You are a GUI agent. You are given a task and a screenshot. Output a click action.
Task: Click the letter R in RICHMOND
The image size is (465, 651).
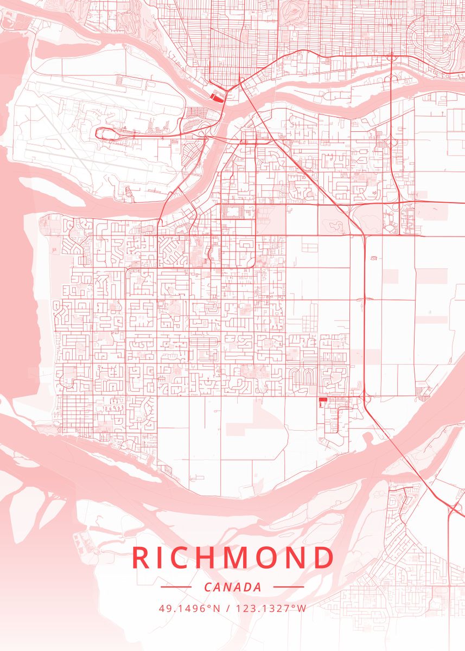coord(142,558)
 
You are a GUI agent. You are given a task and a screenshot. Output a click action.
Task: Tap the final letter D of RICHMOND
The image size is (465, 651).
coord(325,558)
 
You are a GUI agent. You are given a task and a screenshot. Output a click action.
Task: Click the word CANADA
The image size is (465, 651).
coord(233,588)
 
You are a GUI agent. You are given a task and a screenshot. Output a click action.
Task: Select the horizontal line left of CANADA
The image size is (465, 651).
coord(176,587)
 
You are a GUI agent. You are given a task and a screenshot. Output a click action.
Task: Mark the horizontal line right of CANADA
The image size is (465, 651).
coord(289,587)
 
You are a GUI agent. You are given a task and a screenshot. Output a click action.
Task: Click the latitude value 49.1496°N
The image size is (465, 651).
coord(189,608)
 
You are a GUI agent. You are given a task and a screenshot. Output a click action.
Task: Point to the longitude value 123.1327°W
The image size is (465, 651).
coord(270,608)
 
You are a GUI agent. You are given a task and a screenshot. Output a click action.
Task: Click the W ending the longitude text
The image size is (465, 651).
coord(302,608)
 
